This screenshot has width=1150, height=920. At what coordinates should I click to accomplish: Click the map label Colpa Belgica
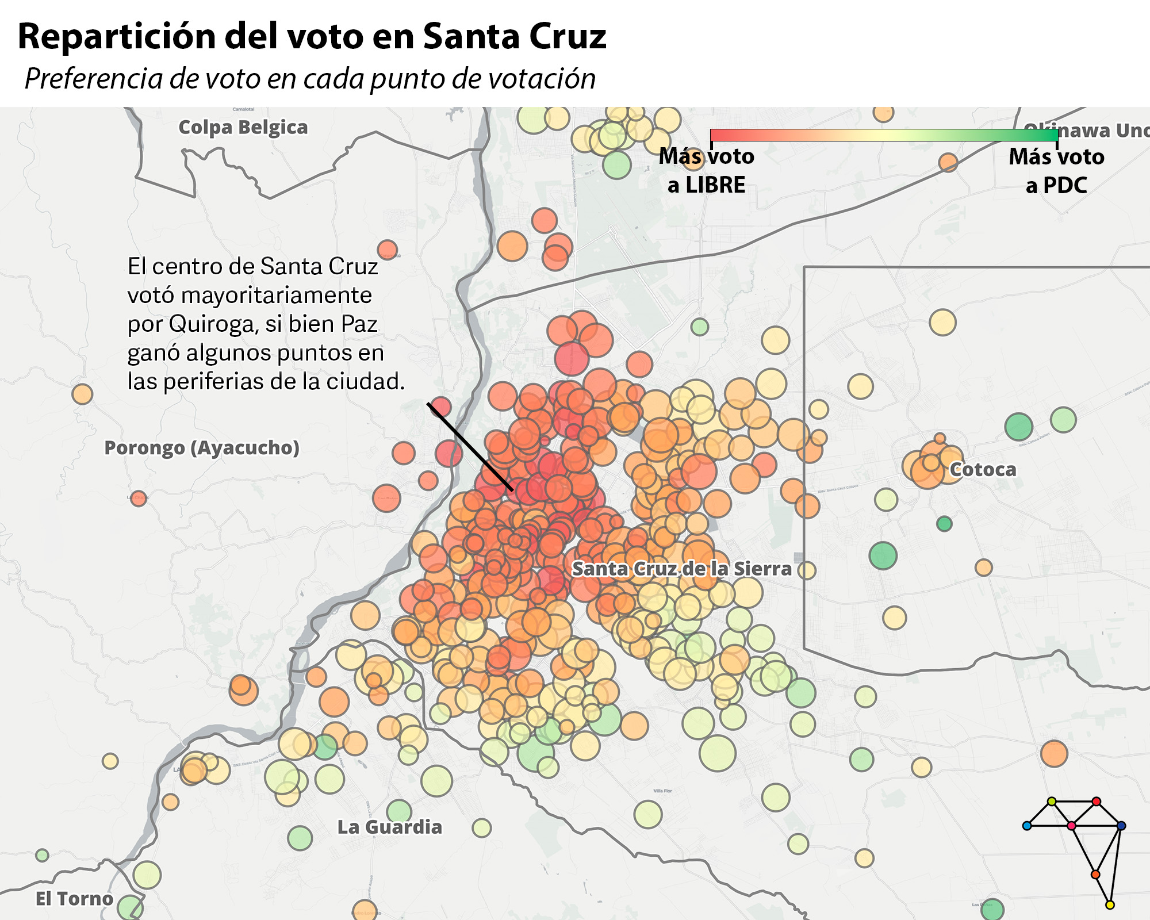[243, 127]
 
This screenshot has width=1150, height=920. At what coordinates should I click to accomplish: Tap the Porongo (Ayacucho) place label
[201, 447]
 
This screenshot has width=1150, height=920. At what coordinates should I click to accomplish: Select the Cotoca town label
[983, 469]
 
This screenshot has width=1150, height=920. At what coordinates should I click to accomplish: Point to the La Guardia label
[389, 827]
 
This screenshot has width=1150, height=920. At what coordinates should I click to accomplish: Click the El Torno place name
[74, 898]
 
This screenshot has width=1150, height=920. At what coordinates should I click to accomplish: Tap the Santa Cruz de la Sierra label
[681, 569]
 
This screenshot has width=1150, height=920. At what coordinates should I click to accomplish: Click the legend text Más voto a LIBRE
[706, 171]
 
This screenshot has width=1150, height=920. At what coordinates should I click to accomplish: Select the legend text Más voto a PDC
[1056, 171]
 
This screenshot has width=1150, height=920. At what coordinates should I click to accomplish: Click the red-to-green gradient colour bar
[884, 135]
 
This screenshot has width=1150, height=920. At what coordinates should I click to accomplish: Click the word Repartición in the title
[116, 36]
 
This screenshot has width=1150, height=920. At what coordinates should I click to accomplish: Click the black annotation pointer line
[470, 447]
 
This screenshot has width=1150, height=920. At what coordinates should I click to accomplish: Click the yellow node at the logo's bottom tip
[1110, 905]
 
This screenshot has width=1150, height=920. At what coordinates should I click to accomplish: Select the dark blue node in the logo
[1121, 826]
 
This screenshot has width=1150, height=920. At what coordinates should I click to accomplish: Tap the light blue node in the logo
[1027, 826]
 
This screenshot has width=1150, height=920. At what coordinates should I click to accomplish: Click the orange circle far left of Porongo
[82, 394]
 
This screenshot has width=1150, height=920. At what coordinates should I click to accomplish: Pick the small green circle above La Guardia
[399, 811]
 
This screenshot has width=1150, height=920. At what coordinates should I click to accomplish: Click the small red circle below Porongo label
[138, 498]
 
